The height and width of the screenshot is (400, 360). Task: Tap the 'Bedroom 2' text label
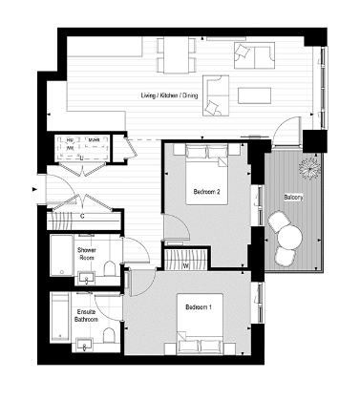(207, 192)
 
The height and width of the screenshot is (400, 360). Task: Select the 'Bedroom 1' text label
(199, 307)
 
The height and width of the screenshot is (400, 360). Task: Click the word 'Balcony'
(294, 198)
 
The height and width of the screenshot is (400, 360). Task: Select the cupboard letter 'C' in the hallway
(83, 217)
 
